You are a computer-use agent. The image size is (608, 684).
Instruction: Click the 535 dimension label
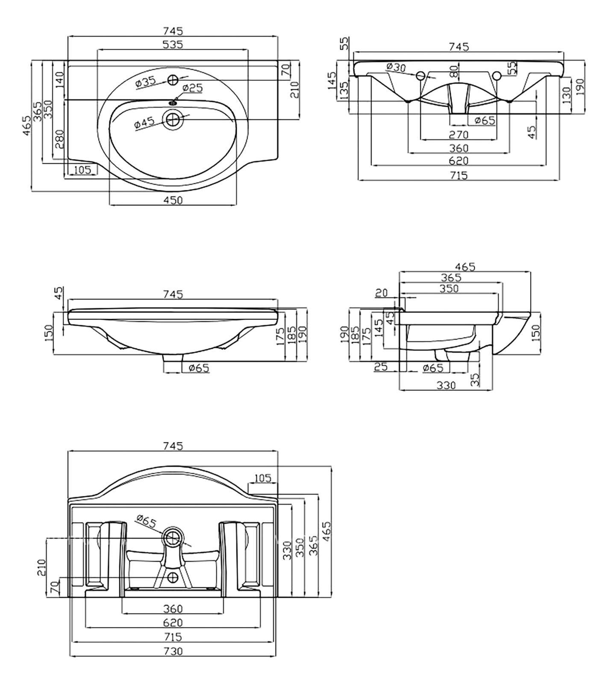173,44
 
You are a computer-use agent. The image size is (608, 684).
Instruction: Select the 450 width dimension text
173,200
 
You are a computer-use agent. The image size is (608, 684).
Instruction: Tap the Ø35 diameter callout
146,82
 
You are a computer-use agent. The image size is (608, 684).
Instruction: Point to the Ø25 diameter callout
192,88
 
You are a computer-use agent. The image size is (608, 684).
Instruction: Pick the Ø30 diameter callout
396,67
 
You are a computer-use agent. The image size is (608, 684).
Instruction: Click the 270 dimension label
459,135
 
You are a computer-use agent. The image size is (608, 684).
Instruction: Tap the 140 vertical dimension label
59,80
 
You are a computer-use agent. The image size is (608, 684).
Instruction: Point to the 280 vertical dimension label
59,139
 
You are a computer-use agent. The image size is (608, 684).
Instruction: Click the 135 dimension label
344,91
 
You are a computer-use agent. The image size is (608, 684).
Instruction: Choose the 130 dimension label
567,96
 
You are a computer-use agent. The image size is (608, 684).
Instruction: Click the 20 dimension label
382,293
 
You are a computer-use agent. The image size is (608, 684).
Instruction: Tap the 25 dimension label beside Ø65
380,367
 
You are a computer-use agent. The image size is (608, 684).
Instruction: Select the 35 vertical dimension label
475,379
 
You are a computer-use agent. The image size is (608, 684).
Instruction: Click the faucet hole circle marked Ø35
173,80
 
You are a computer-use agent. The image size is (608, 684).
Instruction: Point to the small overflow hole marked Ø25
173,102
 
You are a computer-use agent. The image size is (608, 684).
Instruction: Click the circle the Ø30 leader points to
420,76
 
